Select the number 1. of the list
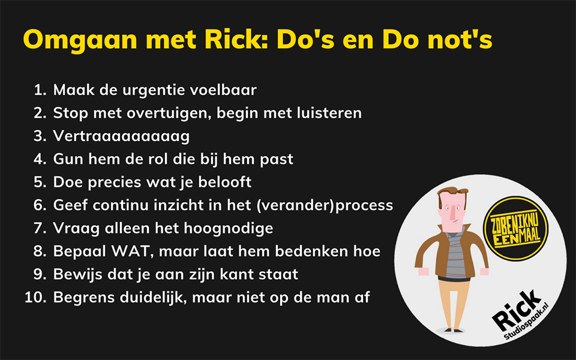coord(40,90)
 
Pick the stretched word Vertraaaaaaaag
coord(121,136)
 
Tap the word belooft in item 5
coord(225,182)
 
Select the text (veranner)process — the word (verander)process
coord(325,205)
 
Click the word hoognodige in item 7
coord(229,229)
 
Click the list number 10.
coord(35,297)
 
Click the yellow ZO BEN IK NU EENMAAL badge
coord(516,228)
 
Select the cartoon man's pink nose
coord(454,212)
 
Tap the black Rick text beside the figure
coord(516,311)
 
